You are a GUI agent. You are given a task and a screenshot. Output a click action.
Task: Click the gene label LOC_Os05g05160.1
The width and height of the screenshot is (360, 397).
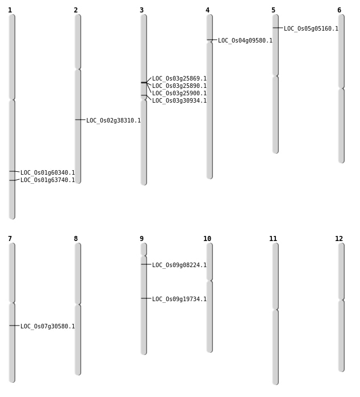(x=311, y=28)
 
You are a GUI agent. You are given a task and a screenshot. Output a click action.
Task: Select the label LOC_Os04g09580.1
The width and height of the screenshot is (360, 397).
(x=245, y=40)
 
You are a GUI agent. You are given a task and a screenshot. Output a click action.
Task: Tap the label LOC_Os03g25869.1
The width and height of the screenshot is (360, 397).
(x=179, y=78)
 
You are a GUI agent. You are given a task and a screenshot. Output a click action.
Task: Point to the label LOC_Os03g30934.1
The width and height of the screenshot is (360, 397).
(x=179, y=100)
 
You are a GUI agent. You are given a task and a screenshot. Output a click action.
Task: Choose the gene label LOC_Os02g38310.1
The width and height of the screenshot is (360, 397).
(x=114, y=120)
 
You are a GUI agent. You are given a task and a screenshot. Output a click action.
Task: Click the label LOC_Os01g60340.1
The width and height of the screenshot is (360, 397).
(x=47, y=172)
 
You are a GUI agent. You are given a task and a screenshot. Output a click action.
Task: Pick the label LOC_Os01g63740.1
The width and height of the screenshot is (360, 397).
(x=47, y=180)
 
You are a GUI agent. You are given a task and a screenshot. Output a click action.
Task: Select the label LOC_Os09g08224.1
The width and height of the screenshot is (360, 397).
(x=179, y=265)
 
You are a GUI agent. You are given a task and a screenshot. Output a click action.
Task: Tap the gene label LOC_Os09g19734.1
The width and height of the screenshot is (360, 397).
(x=179, y=299)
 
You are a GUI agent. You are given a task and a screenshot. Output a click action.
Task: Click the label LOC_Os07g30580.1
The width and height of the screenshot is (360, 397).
(x=47, y=326)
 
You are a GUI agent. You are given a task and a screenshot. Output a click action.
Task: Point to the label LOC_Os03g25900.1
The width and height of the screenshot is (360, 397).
(x=179, y=93)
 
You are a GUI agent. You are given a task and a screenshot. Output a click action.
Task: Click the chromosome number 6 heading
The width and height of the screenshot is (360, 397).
(x=339, y=10)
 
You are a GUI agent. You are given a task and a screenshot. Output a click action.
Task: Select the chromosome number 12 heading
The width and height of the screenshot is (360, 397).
(x=339, y=239)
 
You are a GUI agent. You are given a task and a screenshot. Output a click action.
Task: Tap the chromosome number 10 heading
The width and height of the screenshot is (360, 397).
(x=207, y=239)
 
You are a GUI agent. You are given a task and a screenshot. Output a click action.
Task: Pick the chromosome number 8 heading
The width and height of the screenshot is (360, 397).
(x=76, y=239)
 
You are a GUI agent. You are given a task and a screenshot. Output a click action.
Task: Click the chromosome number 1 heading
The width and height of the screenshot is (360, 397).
(x=10, y=10)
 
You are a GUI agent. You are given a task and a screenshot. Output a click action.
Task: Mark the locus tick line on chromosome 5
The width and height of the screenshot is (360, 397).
(x=278, y=28)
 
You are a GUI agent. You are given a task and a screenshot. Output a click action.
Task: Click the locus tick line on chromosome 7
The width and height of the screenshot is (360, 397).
(x=14, y=326)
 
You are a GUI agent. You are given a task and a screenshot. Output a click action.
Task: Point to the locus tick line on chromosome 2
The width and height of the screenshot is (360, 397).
(x=80, y=120)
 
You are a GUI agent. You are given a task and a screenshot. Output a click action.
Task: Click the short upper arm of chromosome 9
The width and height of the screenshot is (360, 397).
(x=144, y=250)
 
